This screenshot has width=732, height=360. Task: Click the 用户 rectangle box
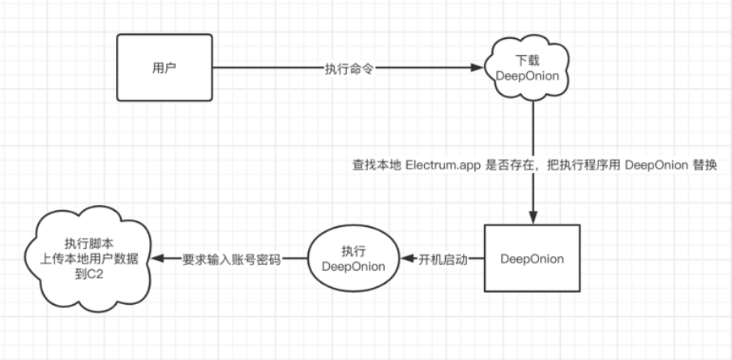click(165, 68)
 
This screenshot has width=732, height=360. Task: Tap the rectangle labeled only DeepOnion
click(532, 259)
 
